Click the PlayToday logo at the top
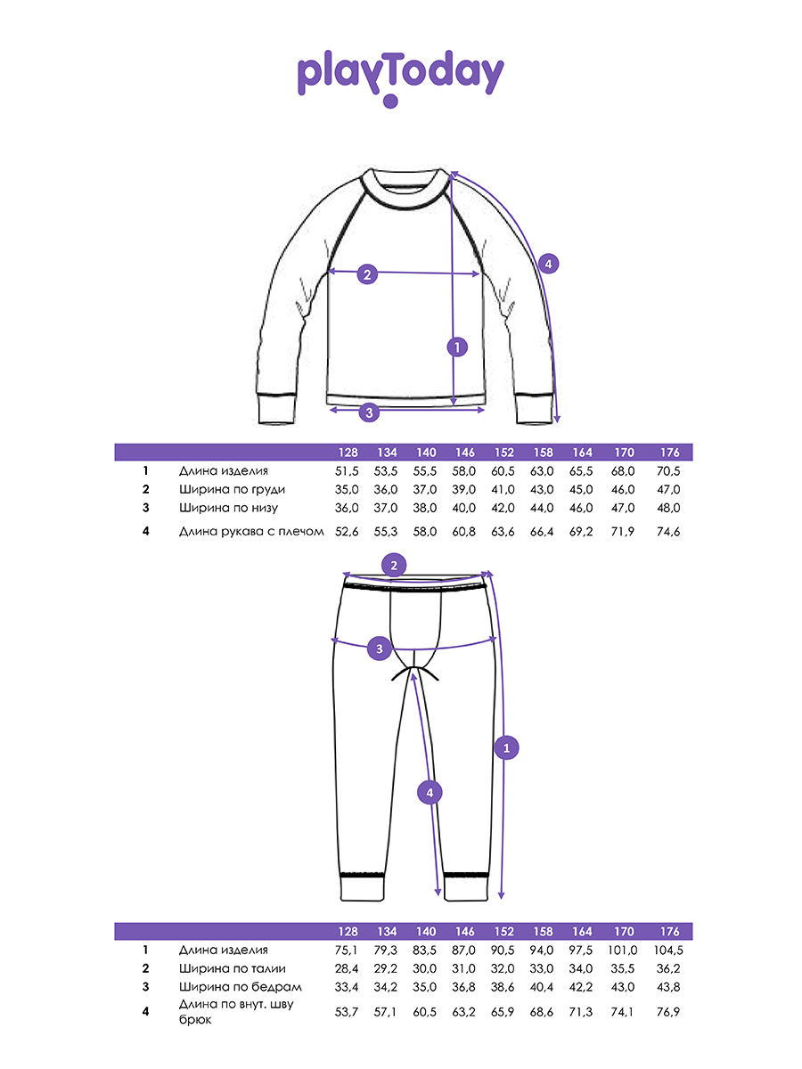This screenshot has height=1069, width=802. [x=400, y=77]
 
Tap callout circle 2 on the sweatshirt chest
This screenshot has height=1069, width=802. [x=367, y=274]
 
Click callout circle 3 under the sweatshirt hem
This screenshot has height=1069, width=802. [x=368, y=412]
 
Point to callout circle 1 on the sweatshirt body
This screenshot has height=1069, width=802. [x=456, y=347]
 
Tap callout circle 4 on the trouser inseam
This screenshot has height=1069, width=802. [x=430, y=792]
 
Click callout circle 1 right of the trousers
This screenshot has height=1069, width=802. [x=506, y=749]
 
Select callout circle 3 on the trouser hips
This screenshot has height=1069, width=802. [x=380, y=649]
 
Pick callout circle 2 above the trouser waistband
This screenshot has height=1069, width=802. [x=392, y=564]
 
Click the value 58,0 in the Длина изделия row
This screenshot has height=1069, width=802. [x=464, y=471]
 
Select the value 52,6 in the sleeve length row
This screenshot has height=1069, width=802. [x=346, y=532]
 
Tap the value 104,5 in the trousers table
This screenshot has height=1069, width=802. [x=670, y=951]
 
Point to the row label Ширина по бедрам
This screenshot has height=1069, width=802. [x=240, y=987]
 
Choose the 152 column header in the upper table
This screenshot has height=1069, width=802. [x=503, y=453]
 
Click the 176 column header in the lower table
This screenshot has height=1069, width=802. [x=670, y=933]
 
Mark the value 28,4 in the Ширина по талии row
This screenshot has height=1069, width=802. [x=346, y=968]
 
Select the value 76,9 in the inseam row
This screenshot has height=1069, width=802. [x=670, y=1011]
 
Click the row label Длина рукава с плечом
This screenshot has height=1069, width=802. [x=250, y=532]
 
